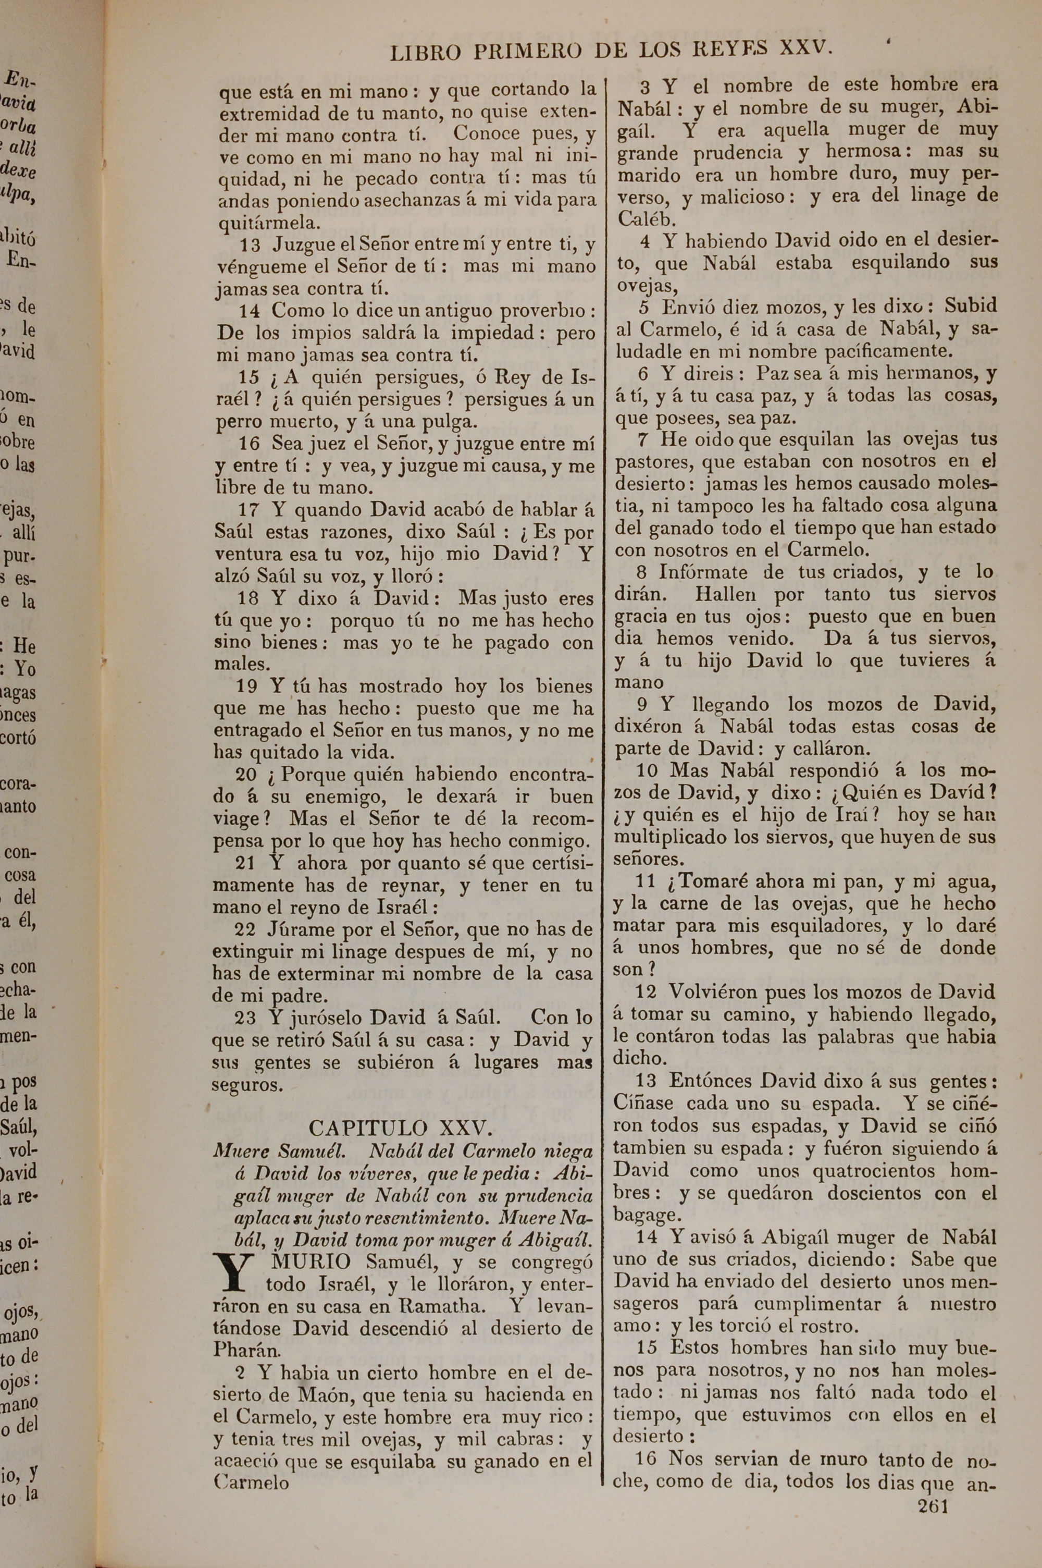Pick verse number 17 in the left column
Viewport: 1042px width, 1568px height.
[x=249, y=510]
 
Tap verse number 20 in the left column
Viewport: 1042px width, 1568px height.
[x=246, y=775]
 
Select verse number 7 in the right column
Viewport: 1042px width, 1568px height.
[x=642, y=439]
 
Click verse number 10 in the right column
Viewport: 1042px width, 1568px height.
[x=647, y=771]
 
